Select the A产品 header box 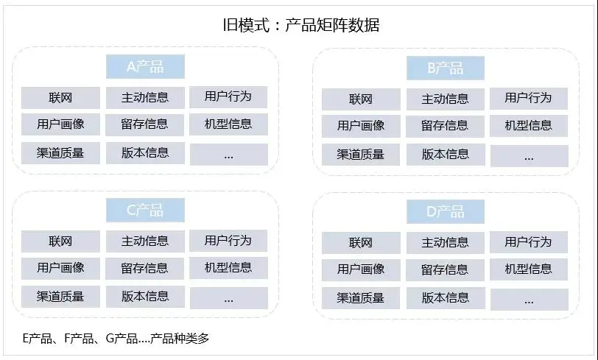click(x=145, y=67)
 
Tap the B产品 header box click(x=446, y=68)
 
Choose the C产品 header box click(x=145, y=211)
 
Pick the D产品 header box click(x=446, y=212)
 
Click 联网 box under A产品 click(x=60, y=97)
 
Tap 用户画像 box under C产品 click(x=60, y=268)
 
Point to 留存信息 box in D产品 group click(x=445, y=269)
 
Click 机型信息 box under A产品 click(x=228, y=124)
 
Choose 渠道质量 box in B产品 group click(x=361, y=155)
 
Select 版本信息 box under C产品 click(x=145, y=297)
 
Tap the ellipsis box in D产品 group click(x=529, y=299)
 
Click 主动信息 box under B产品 click(x=445, y=99)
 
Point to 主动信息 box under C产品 click(x=145, y=241)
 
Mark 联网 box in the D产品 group click(x=361, y=242)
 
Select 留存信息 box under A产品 click(x=145, y=124)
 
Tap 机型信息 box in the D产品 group click(x=529, y=269)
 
